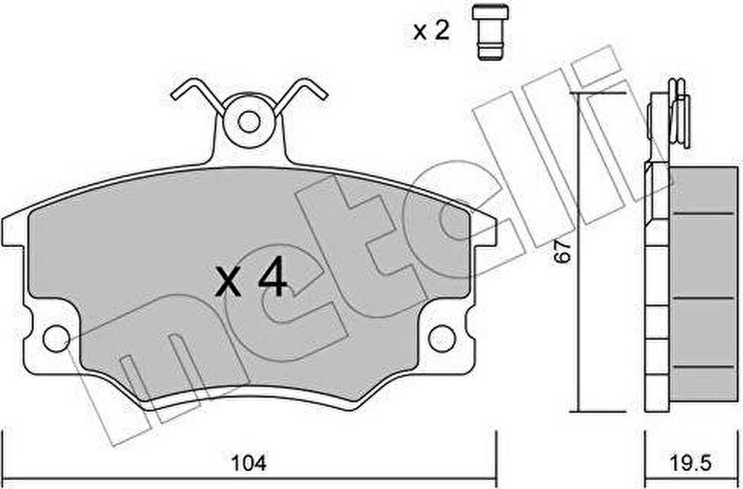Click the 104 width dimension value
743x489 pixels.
(x=248, y=462)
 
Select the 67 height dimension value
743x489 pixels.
(x=564, y=251)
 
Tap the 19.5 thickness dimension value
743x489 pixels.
(x=690, y=462)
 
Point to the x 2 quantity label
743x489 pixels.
(x=431, y=31)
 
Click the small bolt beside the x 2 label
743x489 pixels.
(x=490, y=32)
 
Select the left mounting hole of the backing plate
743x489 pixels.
(x=57, y=339)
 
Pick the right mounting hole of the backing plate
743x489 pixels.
(x=442, y=339)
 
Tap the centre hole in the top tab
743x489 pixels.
(x=248, y=122)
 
